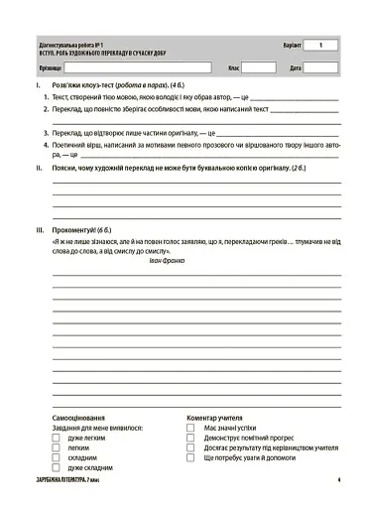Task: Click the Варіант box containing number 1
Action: coord(320,46)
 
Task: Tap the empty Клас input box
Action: coord(258,68)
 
